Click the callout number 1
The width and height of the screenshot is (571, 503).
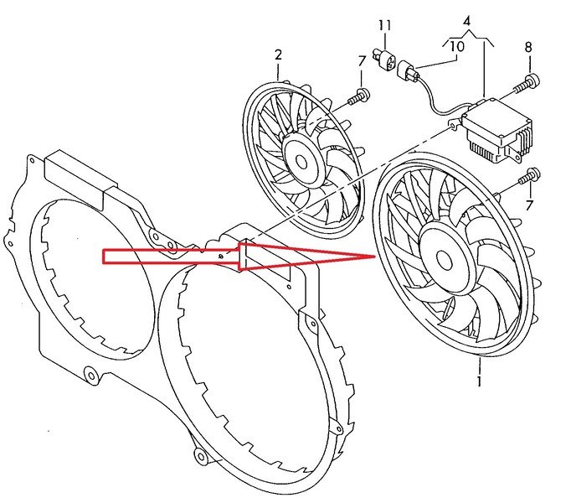[x=479, y=383]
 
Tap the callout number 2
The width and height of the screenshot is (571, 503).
[x=278, y=56]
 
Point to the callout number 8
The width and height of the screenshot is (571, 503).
[x=529, y=48]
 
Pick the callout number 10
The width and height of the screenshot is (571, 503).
[x=457, y=46]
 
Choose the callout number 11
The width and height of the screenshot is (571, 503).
[x=383, y=26]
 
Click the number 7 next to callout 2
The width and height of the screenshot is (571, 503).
[x=362, y=61]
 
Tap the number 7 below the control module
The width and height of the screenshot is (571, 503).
[x=529, y=205]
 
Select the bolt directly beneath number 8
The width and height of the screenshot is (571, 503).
[x=529, y=81]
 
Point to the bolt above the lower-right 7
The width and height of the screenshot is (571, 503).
[x=529, y=177]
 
